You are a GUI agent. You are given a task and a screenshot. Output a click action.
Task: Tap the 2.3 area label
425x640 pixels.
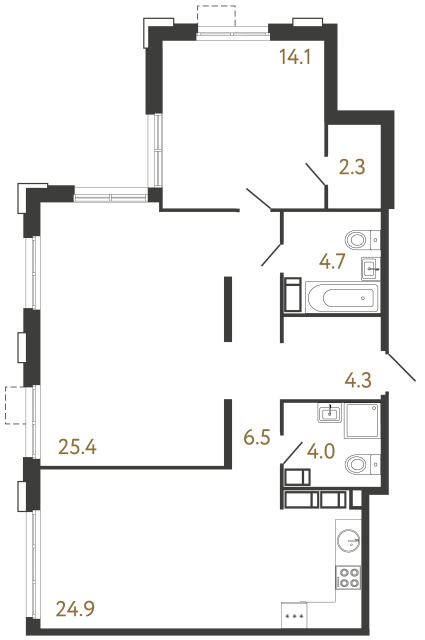point(352,167)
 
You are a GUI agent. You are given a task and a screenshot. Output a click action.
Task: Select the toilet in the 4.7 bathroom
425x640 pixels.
point(360,240)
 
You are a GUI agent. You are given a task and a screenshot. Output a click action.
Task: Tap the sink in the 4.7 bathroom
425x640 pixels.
point(370,267)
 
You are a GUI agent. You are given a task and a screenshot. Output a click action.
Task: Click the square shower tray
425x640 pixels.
point(362,422)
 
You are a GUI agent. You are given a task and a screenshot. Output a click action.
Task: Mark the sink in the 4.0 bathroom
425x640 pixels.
point(329,412)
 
